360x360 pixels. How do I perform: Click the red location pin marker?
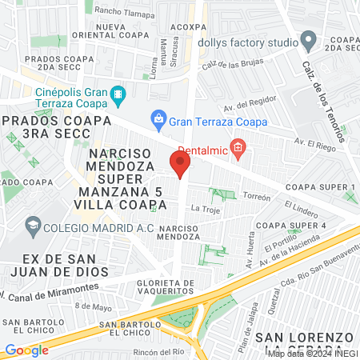(181, 164)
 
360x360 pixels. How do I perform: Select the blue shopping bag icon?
(158, 120)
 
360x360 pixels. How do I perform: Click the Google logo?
(26, 350)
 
